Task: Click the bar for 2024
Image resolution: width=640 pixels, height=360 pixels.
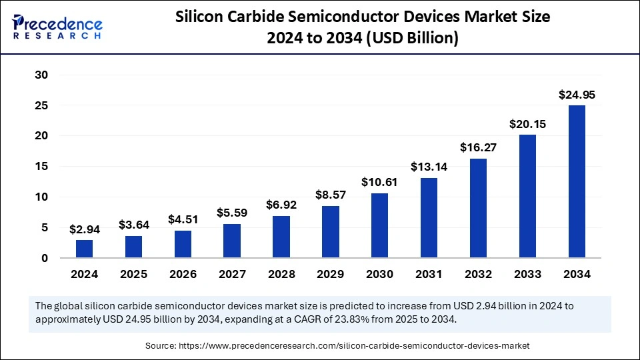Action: click(x=85, y=249)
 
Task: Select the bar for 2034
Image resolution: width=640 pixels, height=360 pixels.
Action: click(x=577, y=181)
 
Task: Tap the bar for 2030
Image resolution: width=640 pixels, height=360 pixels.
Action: click(x=380, y=225)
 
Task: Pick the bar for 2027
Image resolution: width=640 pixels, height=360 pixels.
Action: click(x=232, y=241)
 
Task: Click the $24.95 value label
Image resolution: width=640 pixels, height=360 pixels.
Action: click(x=577, y=95)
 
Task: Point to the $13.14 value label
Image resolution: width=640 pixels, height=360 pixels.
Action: click(x=429, y=167)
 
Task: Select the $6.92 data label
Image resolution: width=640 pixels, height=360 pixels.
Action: click(x=281, y=205)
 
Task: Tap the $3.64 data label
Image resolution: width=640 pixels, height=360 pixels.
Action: click(x=134, y=225)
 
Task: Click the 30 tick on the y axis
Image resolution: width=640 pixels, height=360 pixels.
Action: click(x=41, y=75)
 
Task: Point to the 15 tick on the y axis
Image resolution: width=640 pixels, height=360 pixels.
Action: click(x=41, y=167)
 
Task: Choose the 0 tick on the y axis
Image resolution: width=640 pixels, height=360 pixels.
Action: click(x=45, y=258)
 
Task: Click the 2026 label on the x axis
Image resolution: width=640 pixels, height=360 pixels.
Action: click(x=183, y=274)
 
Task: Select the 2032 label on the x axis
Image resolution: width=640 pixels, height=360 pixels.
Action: click(x=478, y=274)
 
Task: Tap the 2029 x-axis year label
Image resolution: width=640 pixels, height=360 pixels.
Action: click(x=331, y=274)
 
